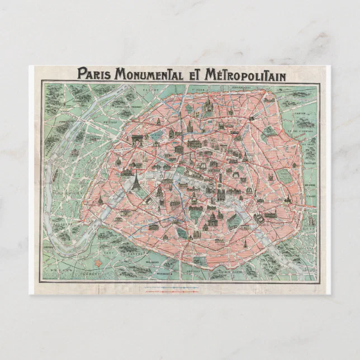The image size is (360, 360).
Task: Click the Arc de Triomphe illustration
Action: [138, 140]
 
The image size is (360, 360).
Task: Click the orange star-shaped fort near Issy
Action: [99, 261]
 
